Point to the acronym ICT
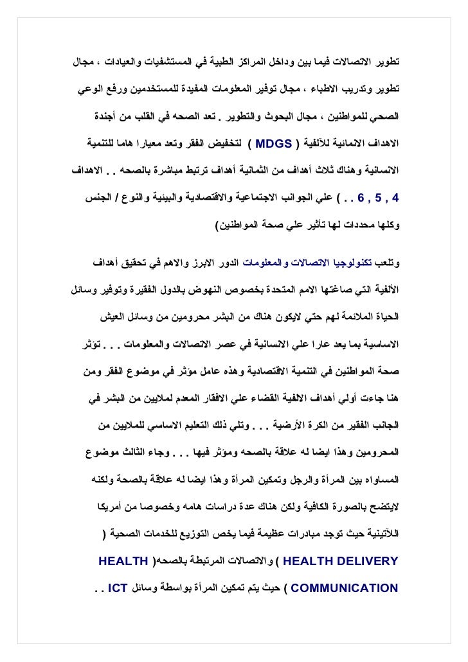(118, 587)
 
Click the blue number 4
(395, 197)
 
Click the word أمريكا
(95, 508)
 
